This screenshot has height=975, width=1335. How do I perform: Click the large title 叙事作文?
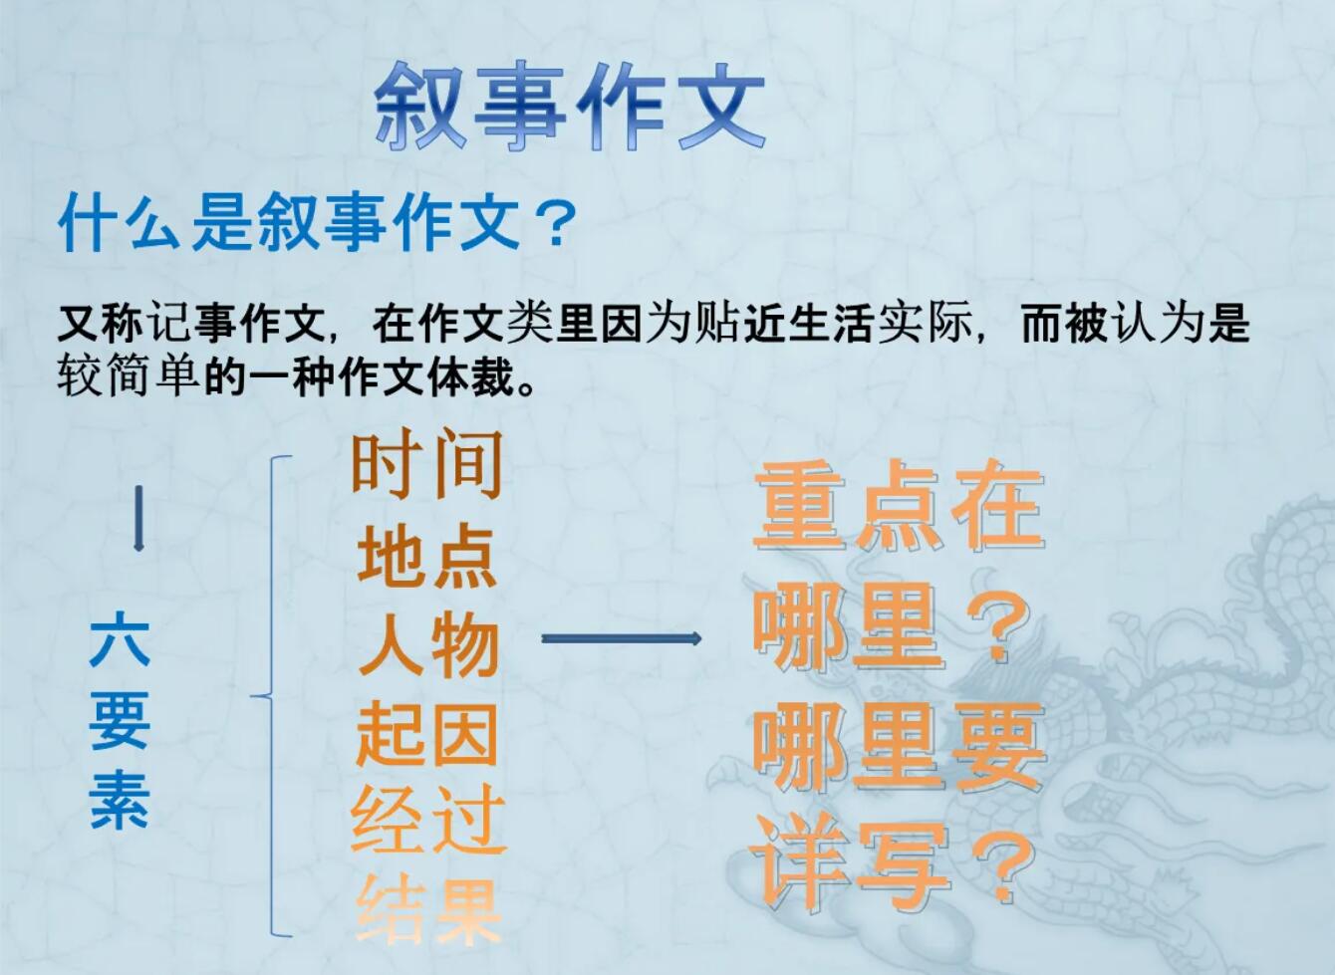click(x=570, y=105)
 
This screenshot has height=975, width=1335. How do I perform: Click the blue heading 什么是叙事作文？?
click(x=317, y=223)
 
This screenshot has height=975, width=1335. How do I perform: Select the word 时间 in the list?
click(x=426, y=464)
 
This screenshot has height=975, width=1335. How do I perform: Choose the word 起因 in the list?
click(x=427, y=735)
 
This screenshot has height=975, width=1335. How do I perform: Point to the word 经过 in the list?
click(x=427, y=823)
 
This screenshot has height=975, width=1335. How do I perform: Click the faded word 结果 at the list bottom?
click(x=427, y=910)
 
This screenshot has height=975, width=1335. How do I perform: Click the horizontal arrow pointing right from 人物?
click(x=621, y=638)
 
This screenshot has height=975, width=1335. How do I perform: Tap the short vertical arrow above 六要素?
click(x=138, y=518)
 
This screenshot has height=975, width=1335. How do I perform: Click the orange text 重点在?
click(x=898, y=507)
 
